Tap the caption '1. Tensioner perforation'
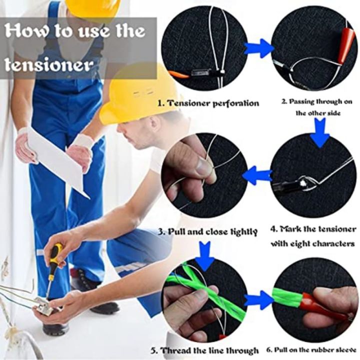[208, 103]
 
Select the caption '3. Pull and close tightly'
[208, 231]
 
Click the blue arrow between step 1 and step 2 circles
[259, 48]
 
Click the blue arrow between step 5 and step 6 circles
[259, 300]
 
